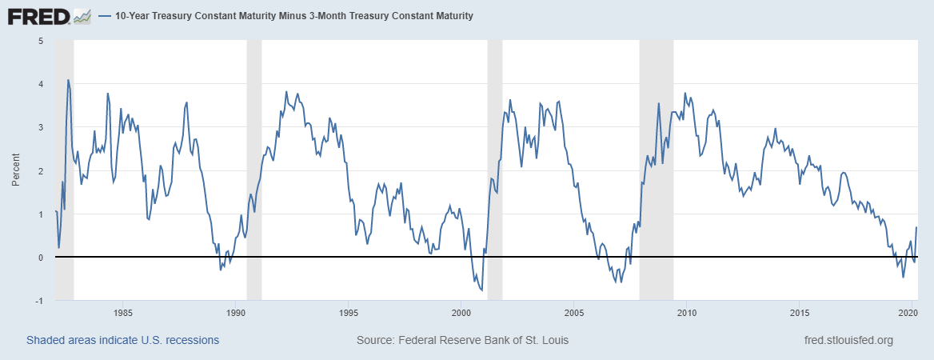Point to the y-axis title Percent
[16, 170]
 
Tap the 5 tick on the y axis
[41, 41]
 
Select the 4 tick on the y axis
[41, 84]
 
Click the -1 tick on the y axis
[38, 301]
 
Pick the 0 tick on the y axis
[41, 258]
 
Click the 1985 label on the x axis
[122, 312]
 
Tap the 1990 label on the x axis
[235, 312]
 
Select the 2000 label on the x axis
[461, 312]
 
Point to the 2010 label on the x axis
[686, 312]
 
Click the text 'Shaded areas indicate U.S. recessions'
[122, 340]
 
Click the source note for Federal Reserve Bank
[462, 340]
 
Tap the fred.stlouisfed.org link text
[848, 340]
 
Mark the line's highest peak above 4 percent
[69, 80]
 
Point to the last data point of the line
[916, 227]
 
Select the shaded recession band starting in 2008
[657, 170]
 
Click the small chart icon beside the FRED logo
[82, 17]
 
